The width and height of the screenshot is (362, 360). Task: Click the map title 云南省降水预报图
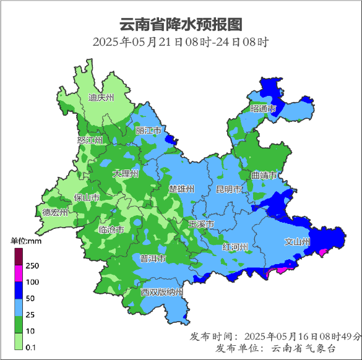tap(181, 24)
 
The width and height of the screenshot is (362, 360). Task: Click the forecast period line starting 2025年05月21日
tap(181, 43)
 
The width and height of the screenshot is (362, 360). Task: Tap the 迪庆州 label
tap(101, 98)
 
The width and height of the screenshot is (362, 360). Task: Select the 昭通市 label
tap(263, 109)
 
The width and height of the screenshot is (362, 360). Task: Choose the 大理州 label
tap(126, 174)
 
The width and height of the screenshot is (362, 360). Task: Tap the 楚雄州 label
tap(182, 189)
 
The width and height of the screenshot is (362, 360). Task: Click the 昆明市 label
tap(228, 189)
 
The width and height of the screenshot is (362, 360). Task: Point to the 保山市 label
tap(87, 197)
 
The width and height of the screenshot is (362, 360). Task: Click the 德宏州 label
tap(55, 213)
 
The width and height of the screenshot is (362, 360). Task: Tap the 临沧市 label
tap(111, 229)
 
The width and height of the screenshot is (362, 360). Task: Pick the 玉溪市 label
tap(201, 223)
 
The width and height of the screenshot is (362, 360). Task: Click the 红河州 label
tap(235, 247)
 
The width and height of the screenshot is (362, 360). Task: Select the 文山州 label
tap(297, 242)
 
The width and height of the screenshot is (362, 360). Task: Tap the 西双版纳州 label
tap(162, 292)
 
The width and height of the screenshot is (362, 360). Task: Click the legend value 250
tap(32, 266)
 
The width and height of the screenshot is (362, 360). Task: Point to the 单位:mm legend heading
tap(25, 240)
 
